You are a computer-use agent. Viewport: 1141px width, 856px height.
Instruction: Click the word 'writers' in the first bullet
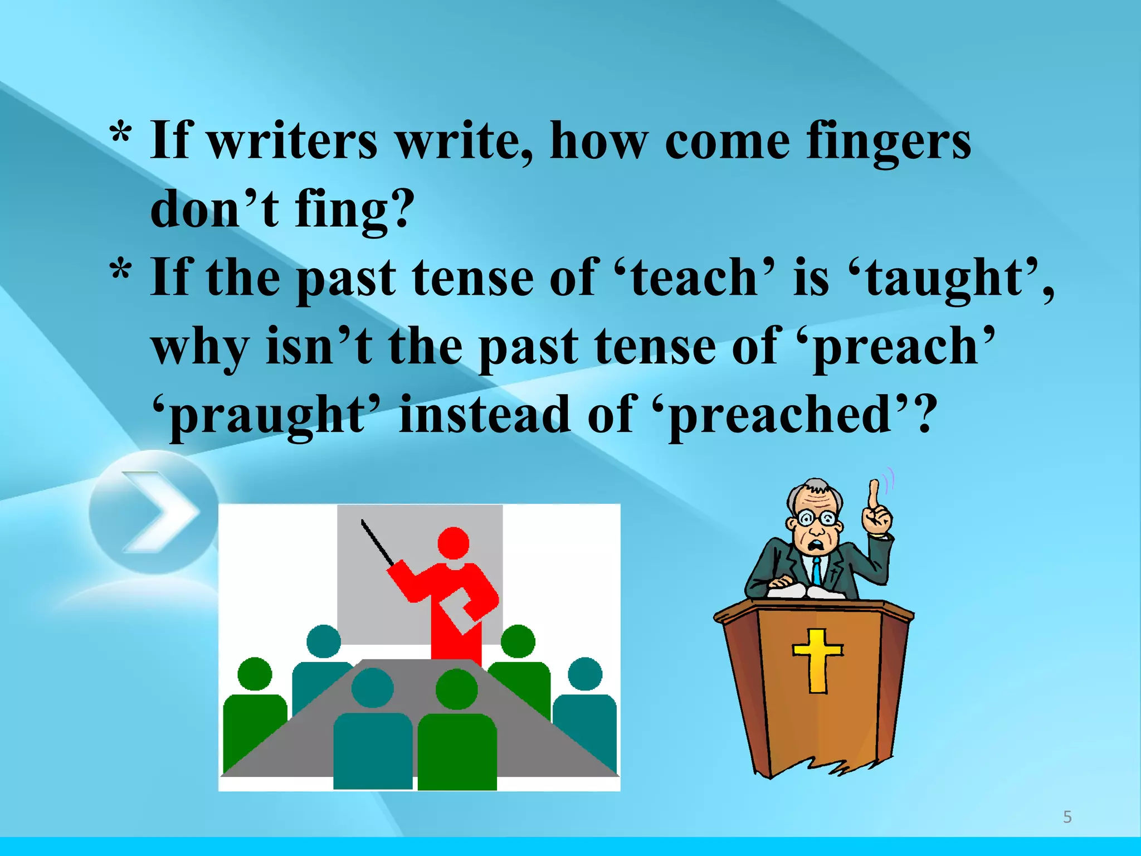[292, 140]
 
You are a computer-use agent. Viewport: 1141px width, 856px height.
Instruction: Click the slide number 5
[1067, 817]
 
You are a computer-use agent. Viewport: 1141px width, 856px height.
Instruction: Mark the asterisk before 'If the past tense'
[121, 271]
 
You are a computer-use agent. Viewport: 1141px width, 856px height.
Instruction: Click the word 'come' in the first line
[727, 142]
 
